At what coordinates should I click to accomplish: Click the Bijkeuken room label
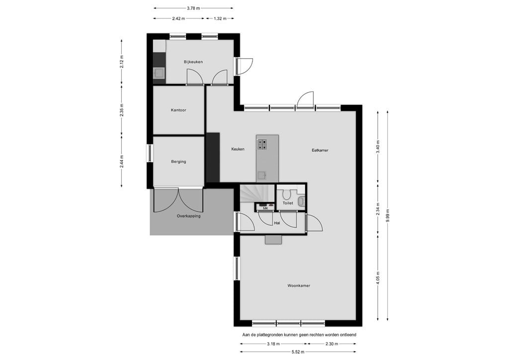[193, 62]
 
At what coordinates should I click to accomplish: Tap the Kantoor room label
[178, 110]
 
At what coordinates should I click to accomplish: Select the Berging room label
[178, 162]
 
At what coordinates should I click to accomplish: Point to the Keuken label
[238, 149]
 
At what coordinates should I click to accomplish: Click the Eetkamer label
[320, 150]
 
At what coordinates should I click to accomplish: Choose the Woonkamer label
[298, 285]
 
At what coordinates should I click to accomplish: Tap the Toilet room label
[287, 203]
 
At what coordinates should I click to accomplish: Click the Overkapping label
[188, 216]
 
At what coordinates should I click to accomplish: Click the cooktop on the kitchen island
[261, 144]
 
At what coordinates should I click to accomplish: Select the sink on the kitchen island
[261, 176]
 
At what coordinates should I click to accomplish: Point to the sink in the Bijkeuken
[159, 74]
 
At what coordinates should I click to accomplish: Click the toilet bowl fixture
[300, 201]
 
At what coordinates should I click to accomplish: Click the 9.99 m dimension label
[387, 216]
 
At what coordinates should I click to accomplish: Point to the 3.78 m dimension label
[193, 8]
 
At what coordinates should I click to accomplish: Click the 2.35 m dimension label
[122, 109]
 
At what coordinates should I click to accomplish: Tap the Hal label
[277, 223]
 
